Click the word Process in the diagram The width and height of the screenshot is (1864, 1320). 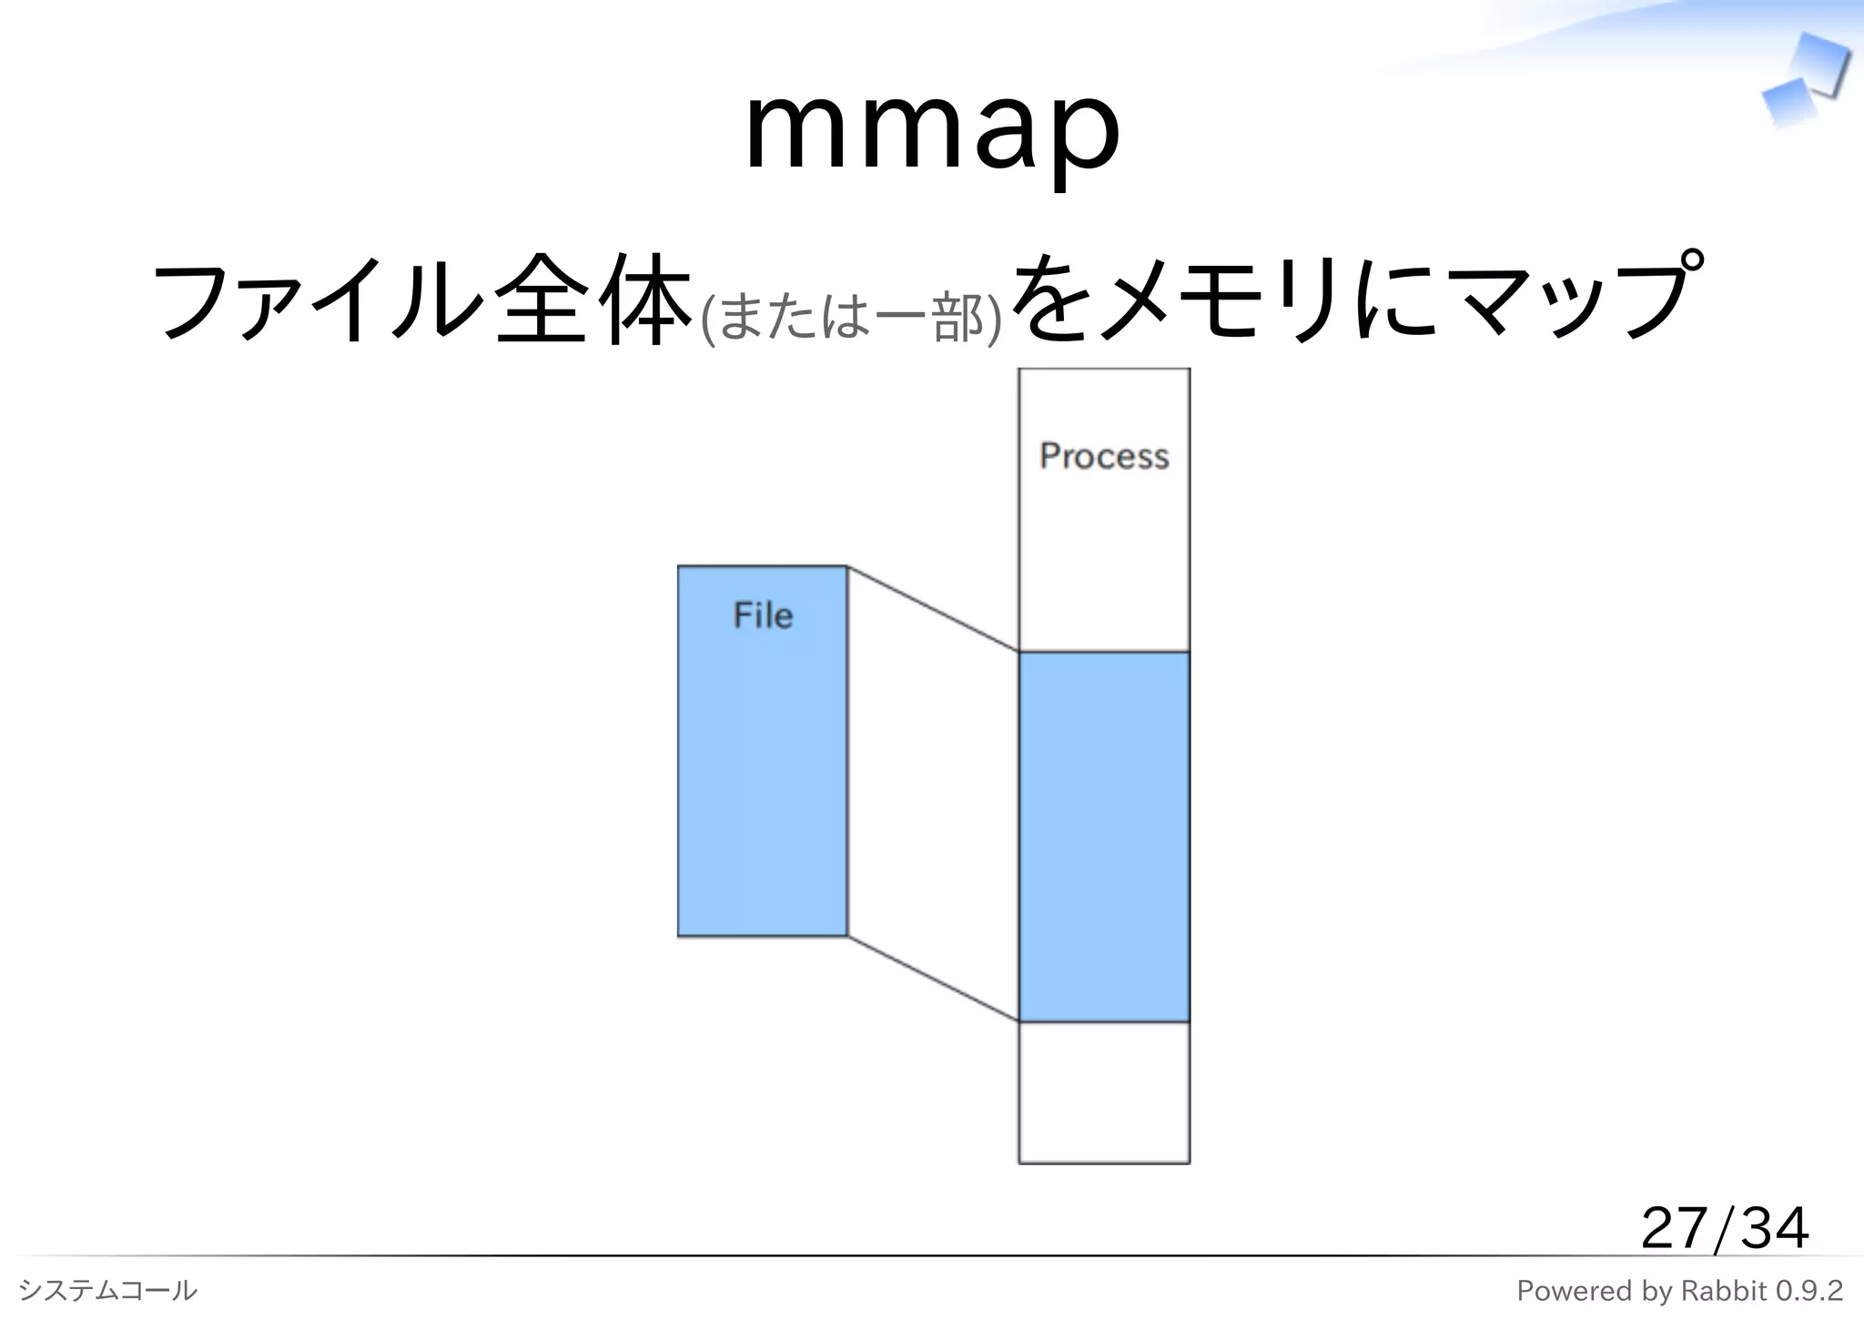1104,456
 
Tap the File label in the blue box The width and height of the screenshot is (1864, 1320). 763,615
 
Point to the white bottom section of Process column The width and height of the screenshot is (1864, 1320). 1104,1092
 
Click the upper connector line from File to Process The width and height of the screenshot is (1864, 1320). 933,609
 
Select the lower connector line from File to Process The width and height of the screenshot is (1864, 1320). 933,979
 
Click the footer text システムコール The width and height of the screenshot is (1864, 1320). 107,1290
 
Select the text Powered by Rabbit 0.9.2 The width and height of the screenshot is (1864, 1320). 1679,1290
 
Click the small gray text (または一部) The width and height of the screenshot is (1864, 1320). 851,318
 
